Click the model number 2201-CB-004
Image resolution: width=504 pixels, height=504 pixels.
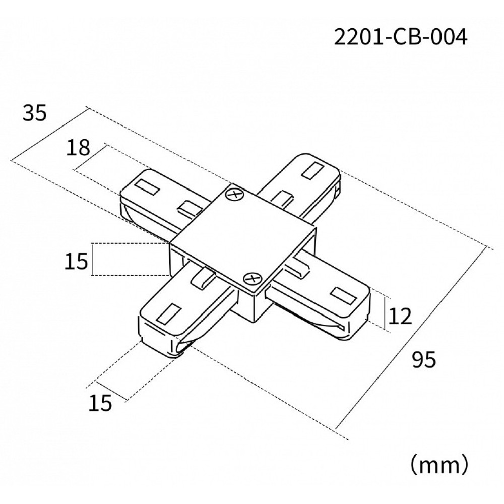pos(398,38)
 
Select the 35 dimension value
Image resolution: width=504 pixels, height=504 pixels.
pos(34,114)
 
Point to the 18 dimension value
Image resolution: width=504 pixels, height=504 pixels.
pos(78,148)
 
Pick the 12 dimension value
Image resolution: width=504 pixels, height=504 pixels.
pos(401,317)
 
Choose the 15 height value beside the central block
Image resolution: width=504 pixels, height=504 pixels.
pos(77,261)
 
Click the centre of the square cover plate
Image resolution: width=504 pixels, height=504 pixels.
pos(243,236)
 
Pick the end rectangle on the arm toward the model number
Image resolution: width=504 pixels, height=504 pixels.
pos(313,169)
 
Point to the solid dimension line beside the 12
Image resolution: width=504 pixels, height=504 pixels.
pos(386,314)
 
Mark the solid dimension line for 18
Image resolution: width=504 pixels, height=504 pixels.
pos(90,158)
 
